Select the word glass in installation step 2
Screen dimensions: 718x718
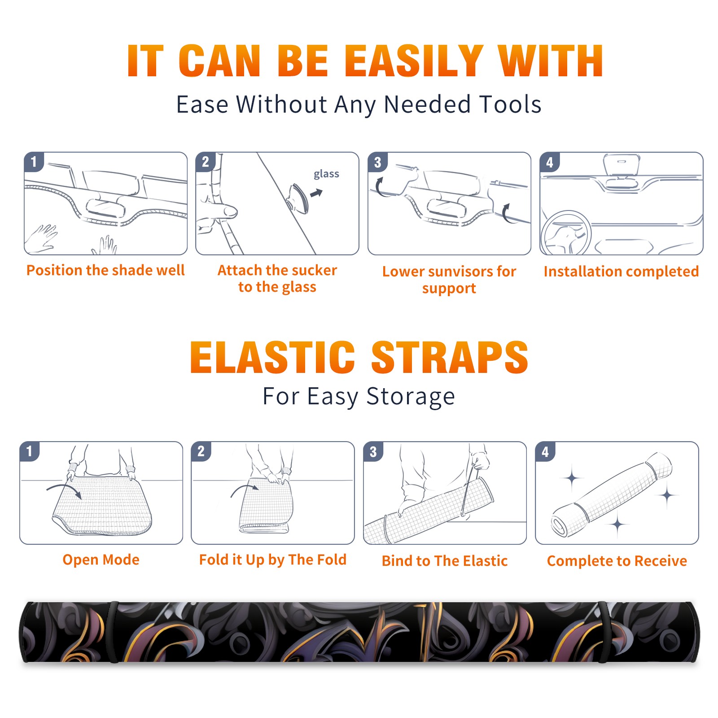[326, 174]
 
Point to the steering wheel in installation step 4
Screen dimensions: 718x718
[566, 233]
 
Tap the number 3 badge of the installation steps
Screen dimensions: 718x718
[378, 162]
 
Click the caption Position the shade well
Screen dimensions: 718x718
[105, 270]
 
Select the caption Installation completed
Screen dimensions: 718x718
[621, 271]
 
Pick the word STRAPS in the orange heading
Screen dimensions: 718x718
[450, 357]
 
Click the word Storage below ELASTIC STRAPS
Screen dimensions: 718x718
[411, 397]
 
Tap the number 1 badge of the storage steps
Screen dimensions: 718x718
[30, 451]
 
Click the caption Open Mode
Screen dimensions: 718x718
[101, 560]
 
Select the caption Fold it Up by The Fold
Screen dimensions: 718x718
[273, 560]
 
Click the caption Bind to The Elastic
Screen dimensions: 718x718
[445, 561]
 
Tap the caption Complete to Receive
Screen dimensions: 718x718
[617, 561]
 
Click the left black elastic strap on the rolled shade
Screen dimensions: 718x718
[113, 632]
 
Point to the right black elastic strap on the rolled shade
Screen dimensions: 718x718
[604, 632]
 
